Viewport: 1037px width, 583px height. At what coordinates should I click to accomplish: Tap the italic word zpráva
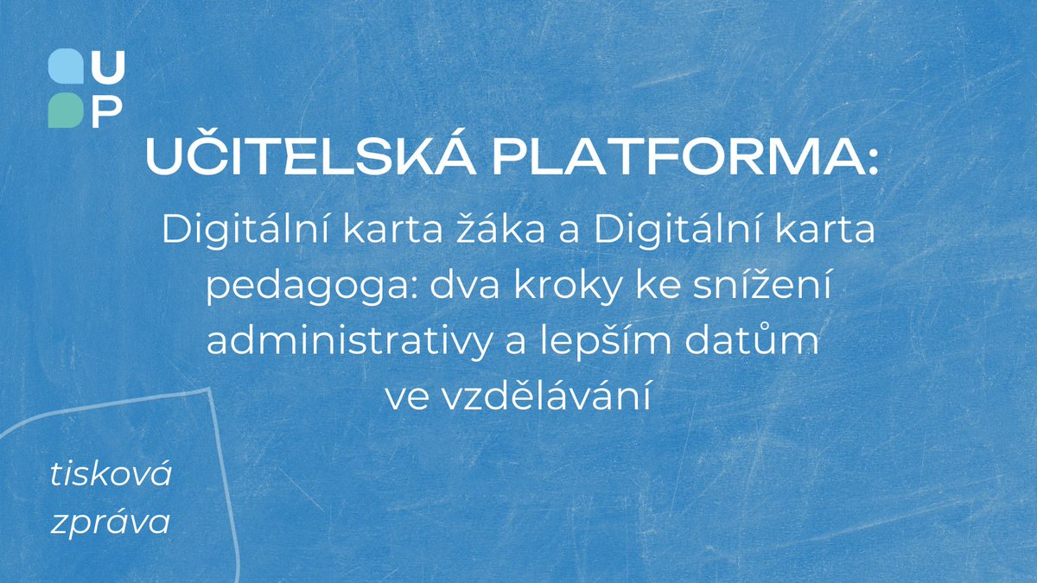coord(111,523)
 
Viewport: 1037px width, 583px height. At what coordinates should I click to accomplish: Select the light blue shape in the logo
coord(66,67)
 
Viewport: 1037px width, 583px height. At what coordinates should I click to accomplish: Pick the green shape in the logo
coord(66,110)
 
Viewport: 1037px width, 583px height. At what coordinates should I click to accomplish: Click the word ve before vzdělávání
coord(407,398)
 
